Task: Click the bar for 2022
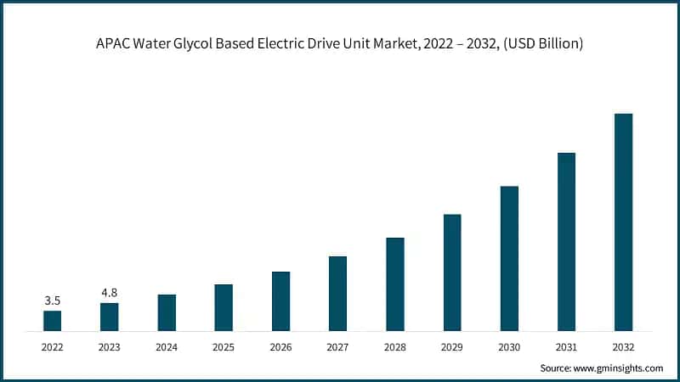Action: [53, 320]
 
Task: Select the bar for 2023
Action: [110, 316]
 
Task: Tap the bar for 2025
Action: [224, 306]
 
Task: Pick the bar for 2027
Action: [337, 293]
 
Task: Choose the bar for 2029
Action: [452, 272]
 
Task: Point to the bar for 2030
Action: [509, 258]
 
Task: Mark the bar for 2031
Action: [566, 241]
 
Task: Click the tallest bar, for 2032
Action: [623, 222]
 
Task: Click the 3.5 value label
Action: [53, 301]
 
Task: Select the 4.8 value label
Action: [110, 293]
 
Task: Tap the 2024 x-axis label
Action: [167, 347]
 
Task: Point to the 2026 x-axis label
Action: [280, 347]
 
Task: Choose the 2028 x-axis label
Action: [394, 347]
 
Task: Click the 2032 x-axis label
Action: [623, 347]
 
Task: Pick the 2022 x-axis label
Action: [53, 347]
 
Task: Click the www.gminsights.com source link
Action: [620, 368]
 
